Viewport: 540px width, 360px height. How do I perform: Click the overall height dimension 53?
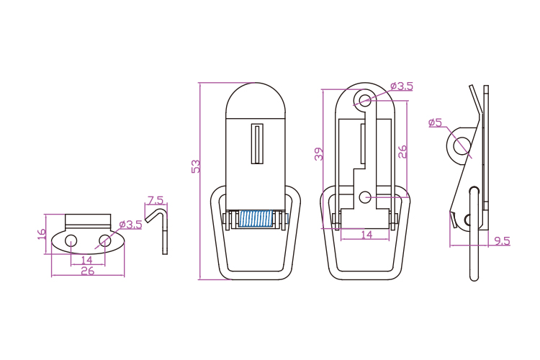tap(196, 166)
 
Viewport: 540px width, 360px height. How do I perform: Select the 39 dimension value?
tap(319, 154)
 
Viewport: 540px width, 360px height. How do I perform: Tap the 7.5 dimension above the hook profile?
tap(156, 200)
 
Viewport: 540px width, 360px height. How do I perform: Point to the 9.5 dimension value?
tap(502, 240)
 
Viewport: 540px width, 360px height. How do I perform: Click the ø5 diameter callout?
tap(435, 122)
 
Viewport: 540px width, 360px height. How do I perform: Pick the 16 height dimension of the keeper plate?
tap(41, 234)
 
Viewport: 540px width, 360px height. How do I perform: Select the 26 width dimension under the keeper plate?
tap(87, 271)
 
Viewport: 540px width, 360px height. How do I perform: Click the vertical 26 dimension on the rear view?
tap(402, 152)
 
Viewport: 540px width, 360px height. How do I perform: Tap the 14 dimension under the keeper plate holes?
tap(87, 260)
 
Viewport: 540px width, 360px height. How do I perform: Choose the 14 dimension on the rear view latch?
tap(366, 235)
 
